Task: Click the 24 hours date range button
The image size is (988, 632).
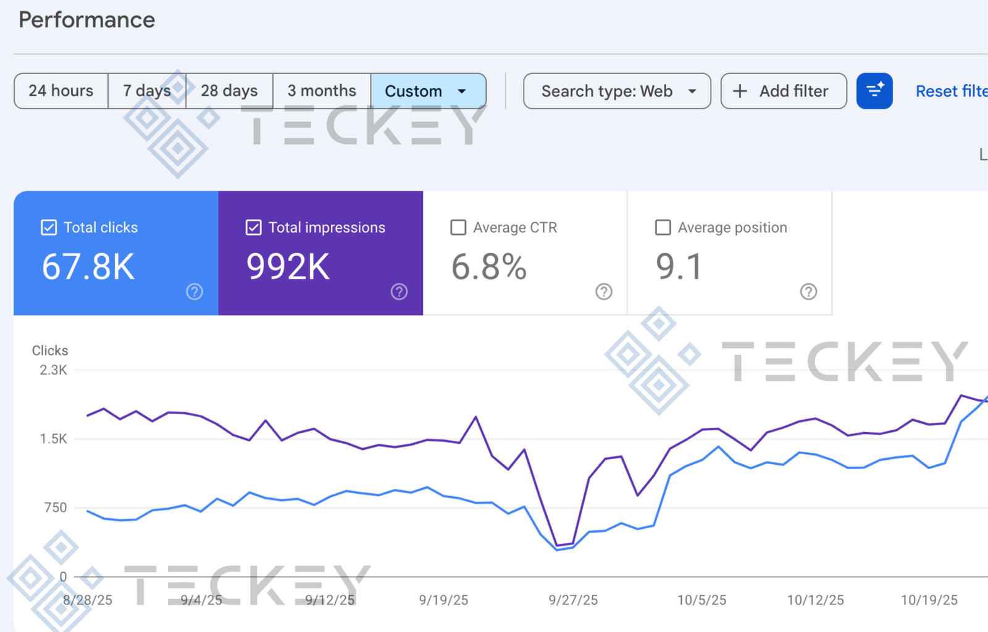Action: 61,91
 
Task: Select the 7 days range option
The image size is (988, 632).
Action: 147,91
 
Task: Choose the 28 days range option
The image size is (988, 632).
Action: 229,91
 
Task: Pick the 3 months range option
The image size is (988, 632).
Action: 322,91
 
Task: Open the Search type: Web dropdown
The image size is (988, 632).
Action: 617,91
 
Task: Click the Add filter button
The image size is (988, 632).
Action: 783,91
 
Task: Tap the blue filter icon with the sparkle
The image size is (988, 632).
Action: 874,91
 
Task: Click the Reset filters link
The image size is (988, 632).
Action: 951,91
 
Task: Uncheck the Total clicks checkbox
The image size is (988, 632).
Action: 49,228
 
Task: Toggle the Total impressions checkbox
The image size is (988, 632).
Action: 253,228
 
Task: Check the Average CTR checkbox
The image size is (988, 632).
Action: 458,228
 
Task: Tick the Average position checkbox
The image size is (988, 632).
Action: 663,228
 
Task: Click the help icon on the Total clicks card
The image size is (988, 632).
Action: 195,292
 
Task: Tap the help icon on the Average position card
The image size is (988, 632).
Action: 808,292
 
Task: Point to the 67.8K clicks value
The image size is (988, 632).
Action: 88,267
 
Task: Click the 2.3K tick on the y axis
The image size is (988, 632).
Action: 54,370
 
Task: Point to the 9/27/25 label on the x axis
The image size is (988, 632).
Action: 573,600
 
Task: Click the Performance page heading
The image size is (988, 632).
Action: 87,20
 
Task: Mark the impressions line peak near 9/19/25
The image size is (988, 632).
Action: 476,417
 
